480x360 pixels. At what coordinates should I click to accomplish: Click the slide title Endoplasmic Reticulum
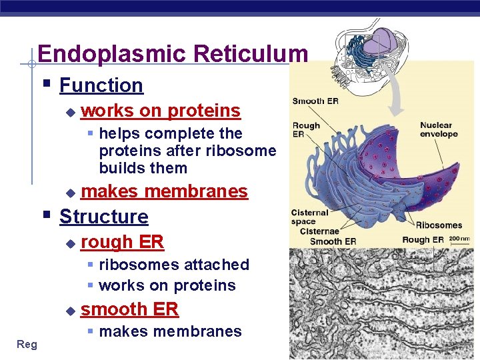pos(173,53)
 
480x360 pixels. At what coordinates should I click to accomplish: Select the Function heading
pos(101,85)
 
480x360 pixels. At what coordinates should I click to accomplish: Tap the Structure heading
pos(103,217)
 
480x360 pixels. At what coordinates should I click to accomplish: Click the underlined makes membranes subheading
pos(164,191)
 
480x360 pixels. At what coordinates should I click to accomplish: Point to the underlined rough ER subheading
pos(122,242)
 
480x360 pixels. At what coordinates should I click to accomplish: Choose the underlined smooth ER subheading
pos(129,309)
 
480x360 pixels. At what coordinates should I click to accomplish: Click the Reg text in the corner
pos(27,344)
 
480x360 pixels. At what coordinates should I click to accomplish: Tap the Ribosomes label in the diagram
pos(439,225)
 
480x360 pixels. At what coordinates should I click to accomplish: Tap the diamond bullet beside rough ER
pos(71,244)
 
